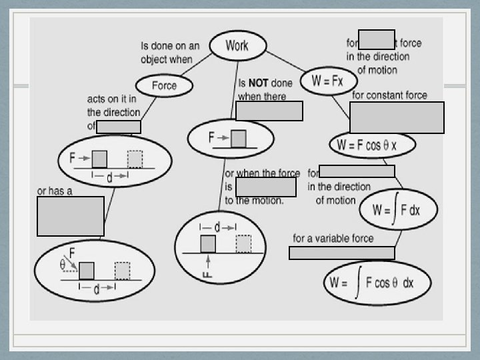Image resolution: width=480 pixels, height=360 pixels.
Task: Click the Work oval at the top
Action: point(237,45)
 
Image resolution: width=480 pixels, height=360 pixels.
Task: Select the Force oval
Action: point(165,85)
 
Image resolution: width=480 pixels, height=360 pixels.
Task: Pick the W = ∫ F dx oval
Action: point(398,210)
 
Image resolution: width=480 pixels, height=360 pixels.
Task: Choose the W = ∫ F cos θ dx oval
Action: point(377,282)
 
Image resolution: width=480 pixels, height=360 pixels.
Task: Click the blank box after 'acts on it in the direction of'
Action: point(119,127)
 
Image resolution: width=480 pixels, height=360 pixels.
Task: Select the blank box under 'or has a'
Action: point(71,216)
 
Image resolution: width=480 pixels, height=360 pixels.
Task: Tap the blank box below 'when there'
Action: point(269,111)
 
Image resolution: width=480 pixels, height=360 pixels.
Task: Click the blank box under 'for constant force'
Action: point(396,117)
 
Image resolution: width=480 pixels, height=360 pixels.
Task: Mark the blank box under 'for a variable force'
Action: point(341,253)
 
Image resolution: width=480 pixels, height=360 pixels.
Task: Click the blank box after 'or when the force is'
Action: point(265,187)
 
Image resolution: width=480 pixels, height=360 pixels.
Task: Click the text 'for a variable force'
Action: point(333,238)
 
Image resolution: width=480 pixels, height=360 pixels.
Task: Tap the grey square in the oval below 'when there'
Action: point(238,138)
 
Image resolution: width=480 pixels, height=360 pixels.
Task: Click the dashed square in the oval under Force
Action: point(135,159)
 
